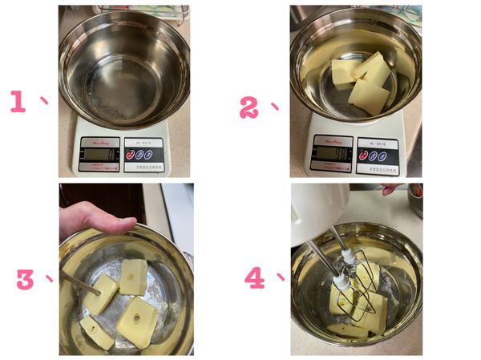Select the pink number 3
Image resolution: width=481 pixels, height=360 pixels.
pos(26,279)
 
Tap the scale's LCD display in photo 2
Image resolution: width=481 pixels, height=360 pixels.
pos(331,153)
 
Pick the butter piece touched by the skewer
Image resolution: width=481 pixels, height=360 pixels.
pos(103,293)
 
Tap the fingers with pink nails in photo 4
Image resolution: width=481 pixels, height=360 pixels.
pos(391,189)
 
